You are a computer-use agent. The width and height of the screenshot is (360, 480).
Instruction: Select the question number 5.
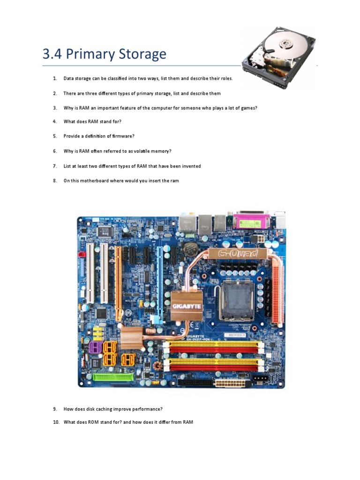click(54, 136)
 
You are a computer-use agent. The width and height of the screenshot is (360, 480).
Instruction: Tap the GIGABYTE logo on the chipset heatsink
click(186, 306)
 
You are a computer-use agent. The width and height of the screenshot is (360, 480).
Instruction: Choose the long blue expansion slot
click(159, 279)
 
